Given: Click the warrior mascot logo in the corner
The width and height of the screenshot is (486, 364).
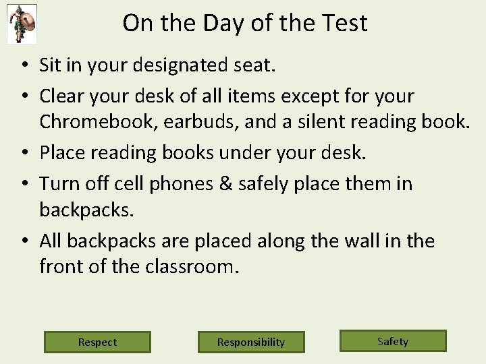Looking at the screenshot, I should tap(22, 24).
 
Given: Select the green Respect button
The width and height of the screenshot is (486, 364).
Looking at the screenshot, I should tap(97, 342).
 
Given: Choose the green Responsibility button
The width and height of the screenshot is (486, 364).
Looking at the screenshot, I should tap(251, 342).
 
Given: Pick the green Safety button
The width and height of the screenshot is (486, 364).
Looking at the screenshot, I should tap(393, 341).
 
